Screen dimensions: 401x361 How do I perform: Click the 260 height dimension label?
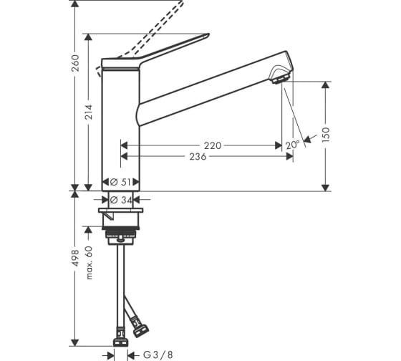coord(76,63)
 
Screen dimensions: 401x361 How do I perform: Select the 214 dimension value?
coord(89,112)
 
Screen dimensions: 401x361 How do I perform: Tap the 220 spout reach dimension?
coord(213,145)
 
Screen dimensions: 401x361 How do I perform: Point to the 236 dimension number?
coord(198,157)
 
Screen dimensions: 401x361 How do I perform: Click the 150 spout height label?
coord(326,135)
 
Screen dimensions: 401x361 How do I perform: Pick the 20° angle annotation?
coord(292,145)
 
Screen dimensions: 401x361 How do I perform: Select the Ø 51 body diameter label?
coord(120,182)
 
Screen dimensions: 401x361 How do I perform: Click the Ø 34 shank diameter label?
coord(121,200)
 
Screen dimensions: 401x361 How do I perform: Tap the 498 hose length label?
coord(76,258)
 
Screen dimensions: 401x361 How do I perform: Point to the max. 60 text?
coord(89,263)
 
